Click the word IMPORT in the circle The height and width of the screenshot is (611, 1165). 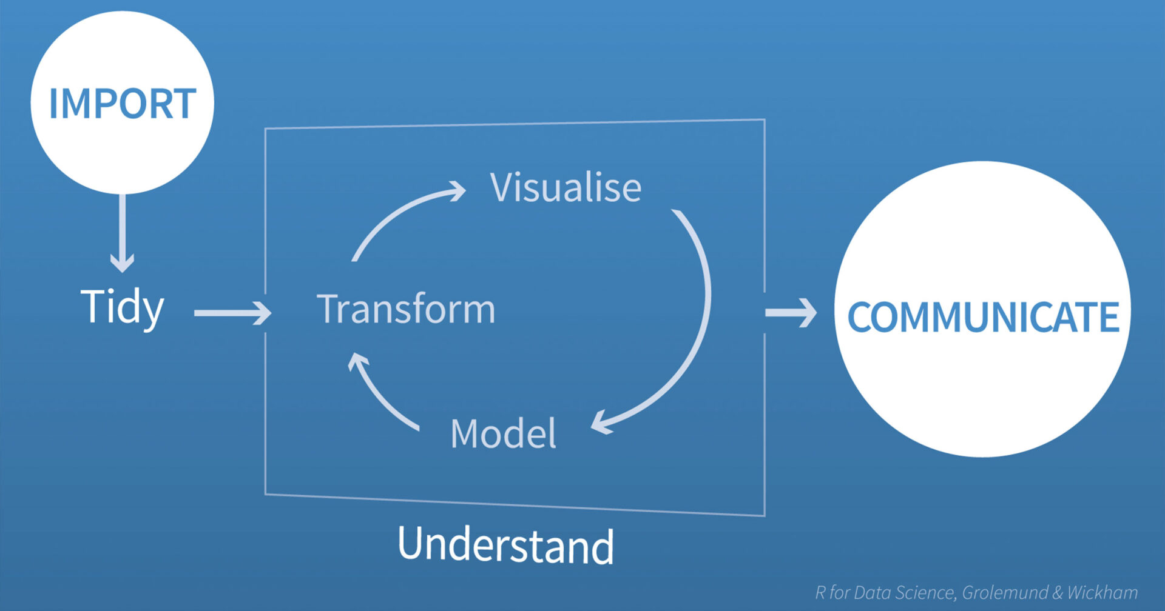pos(123,104)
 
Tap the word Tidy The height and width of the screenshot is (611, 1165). pos(123,307)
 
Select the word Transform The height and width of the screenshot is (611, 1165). pos(406,309)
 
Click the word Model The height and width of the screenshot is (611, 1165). pos(503,433)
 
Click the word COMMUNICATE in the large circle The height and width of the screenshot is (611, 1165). pos(983,316)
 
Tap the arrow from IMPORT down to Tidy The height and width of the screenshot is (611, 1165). pos(123,233)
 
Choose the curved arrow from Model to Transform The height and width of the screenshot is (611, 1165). pos(379,394)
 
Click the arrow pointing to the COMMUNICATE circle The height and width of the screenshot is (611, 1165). pos(791,313)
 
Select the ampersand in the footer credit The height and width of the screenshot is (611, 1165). pos(1058,592)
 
